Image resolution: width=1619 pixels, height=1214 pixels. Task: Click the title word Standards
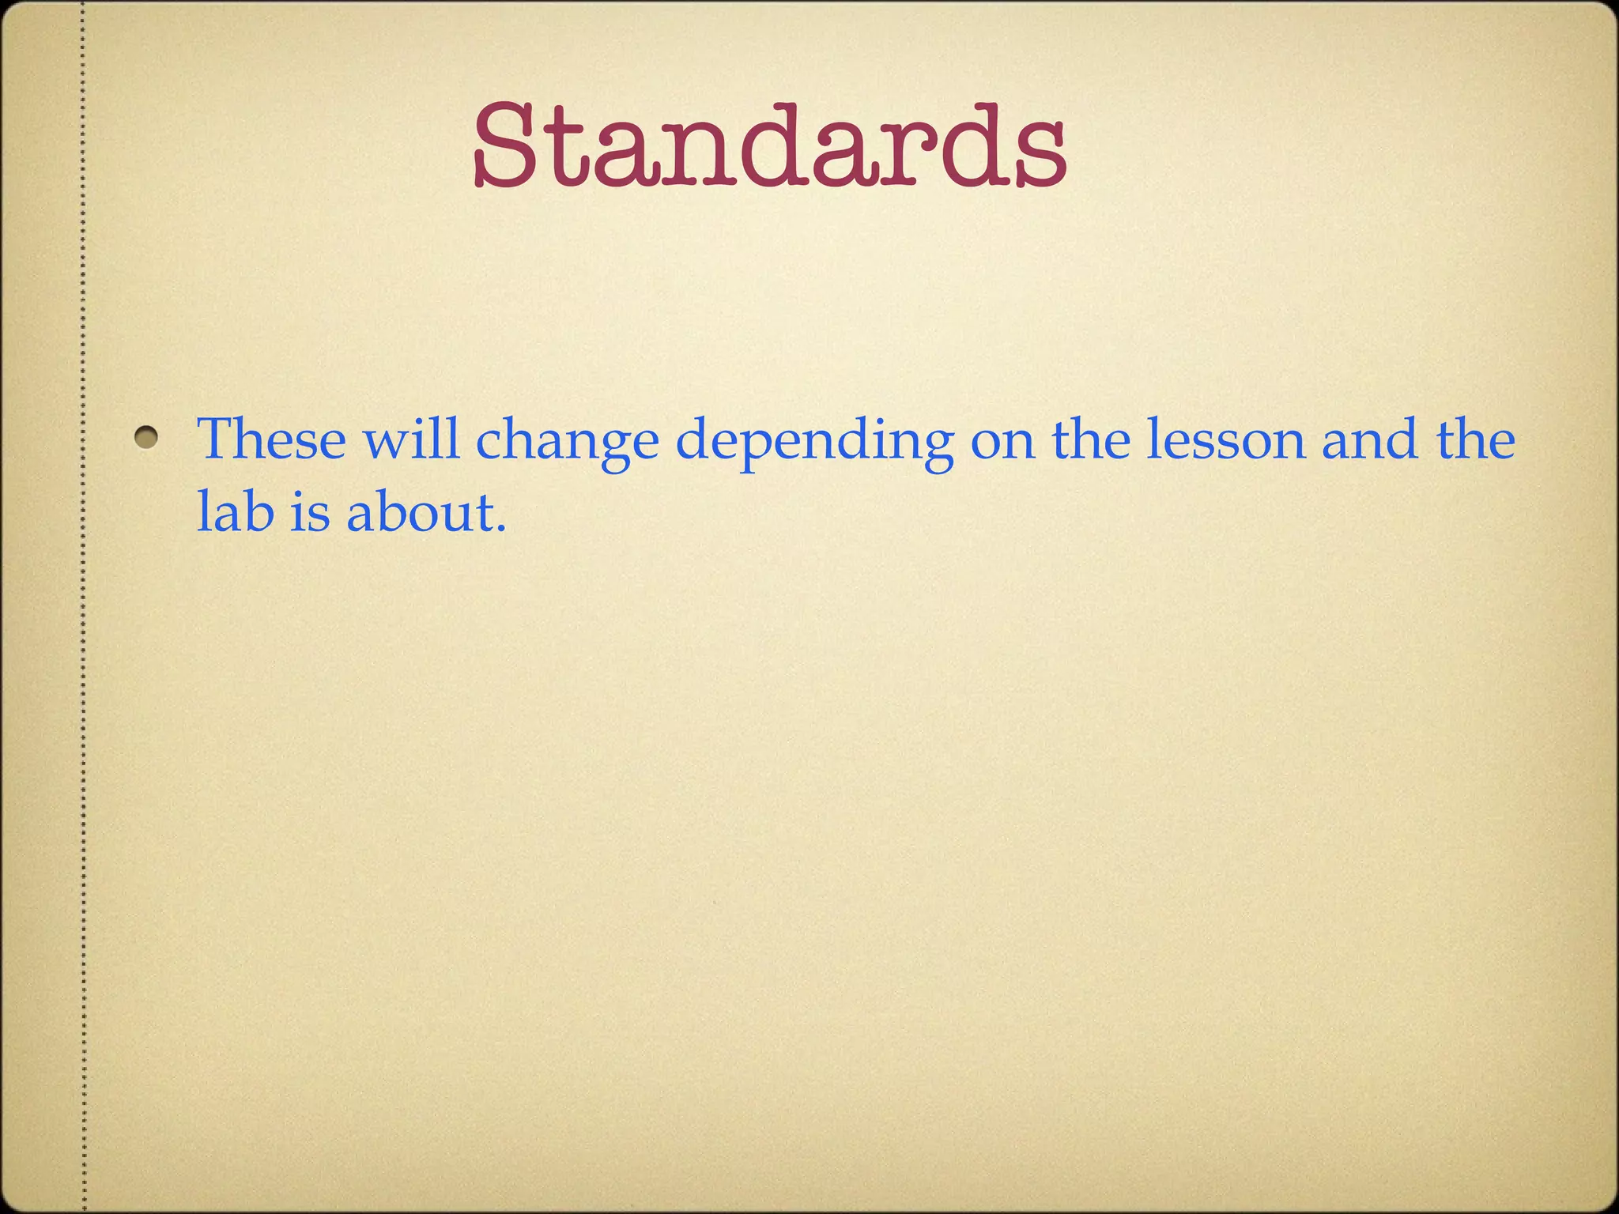771,146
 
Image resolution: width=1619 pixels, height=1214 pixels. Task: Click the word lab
235,511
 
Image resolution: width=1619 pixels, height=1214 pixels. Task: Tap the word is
308,511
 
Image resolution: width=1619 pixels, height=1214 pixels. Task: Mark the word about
419,511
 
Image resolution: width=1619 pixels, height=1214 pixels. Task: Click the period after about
499,527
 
